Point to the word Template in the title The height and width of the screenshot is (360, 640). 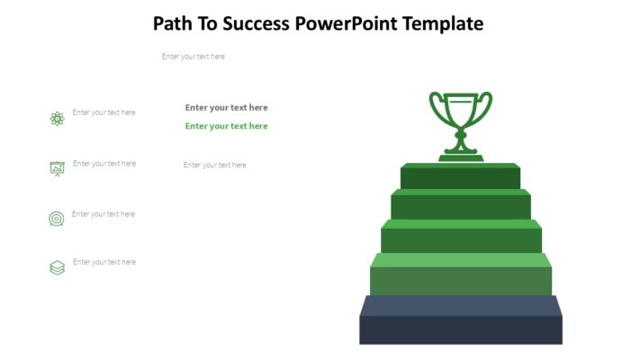[442, 23]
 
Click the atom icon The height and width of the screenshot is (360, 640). [57, 118]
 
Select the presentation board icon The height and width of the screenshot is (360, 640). [57, 168]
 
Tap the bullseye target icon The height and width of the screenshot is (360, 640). [57, 219]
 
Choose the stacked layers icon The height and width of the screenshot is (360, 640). [57, 267]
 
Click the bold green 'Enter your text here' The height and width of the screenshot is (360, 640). [226, 126]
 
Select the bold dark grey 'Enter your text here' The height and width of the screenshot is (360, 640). [226, 107]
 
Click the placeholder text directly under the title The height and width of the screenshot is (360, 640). [194, 57]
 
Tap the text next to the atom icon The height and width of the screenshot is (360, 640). [104, 112]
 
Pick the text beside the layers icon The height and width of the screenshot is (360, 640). [104, 262]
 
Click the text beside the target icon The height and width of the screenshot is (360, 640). [104, 214]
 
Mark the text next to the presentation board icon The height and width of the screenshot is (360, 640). [104, 164]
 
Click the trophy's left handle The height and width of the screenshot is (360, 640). [436, 108]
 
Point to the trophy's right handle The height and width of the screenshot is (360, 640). [486, 108]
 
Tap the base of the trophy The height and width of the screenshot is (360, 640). [461, 157]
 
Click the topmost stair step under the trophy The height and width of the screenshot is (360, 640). [461, 176]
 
